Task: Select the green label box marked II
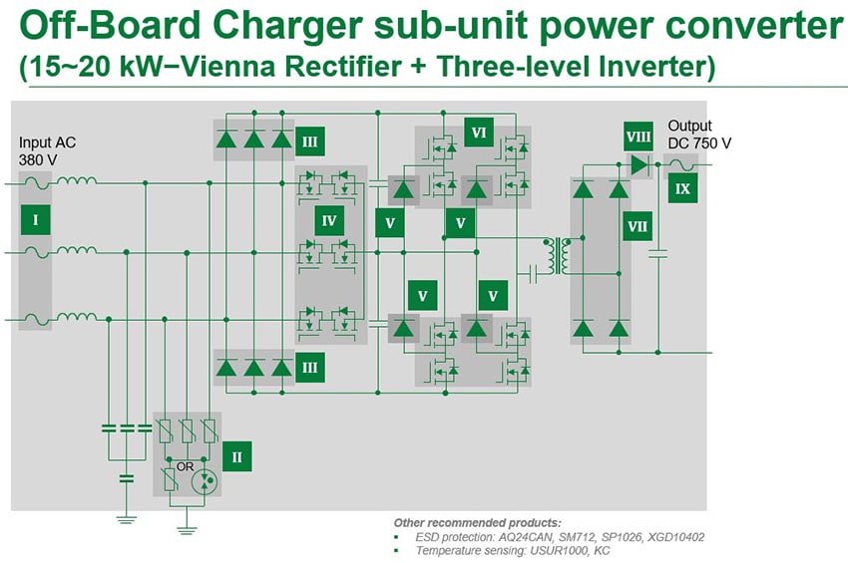[x=236, y=457]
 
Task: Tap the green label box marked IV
[x=329, y=220]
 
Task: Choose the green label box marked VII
[x=637, y=227]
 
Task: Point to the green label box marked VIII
[x=638, y=136]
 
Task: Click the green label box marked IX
[x=682, y=187]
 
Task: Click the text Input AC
[x=47, y=142]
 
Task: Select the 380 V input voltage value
[x=37, y=159]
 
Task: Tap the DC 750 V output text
[x=699, y=143]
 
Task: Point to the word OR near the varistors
[x=185, y=465]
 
